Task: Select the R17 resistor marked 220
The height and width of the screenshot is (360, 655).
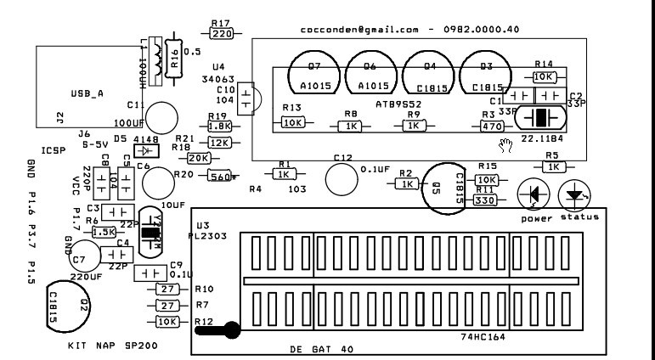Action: tap(222, 34)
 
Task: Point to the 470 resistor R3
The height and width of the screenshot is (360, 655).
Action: tap(491, 126)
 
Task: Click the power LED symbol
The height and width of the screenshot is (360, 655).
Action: tap(534, 195)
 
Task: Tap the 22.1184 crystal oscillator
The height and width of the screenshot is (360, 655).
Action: tap(538, 118)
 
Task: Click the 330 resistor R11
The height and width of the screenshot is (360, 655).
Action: tap(484, 201)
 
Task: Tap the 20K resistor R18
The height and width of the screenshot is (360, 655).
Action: tap(198, 158)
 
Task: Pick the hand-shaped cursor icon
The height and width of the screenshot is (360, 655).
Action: tap(506, 144)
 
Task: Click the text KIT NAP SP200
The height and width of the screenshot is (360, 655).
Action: tap(112, 346)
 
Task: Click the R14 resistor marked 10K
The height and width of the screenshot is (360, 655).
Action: tap(544, 76)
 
